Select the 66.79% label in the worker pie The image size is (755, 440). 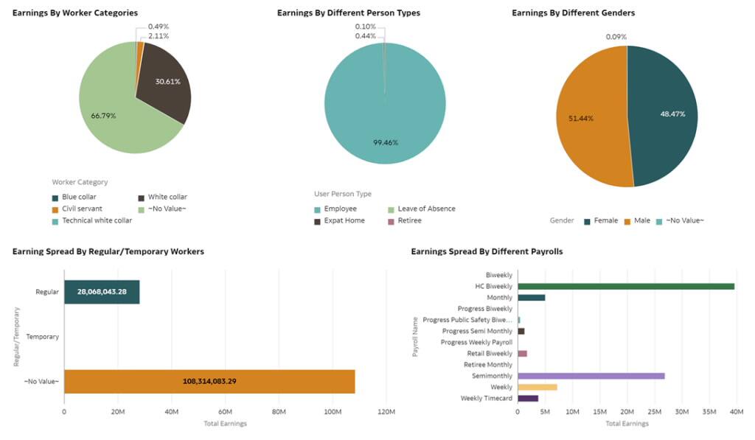(x=103, y=116)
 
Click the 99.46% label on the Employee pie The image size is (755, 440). (x=385, y=142)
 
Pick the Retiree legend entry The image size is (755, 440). (x=409, y=220)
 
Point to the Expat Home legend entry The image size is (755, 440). (x=344, y=220)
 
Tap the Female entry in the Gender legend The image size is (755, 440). (x=605, y=220)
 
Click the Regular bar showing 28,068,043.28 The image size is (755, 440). (x=102, y=292)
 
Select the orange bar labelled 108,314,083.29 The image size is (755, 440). (x=209, y=381)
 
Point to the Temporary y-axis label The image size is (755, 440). (x=42, y=337)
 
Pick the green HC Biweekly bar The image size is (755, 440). (x=626, y=286)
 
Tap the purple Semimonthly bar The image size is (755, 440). (x=591, y=376)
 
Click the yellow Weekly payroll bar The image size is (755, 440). (x=537, y=387)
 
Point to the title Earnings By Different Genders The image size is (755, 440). (x=573, y=13)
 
